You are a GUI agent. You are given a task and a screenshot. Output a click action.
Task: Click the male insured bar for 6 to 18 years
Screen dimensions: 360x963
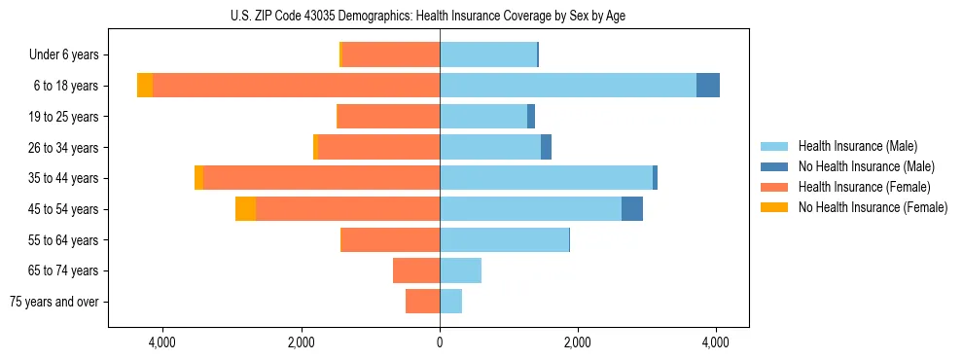pyautogui.click(x=568, y=86)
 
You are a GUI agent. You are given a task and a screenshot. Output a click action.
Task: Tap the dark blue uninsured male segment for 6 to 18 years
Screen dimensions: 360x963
pyautogui.click(x=708, y=86)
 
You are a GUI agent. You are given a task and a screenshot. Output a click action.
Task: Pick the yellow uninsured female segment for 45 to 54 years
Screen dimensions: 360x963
pyautogui.click(x=245, y=209)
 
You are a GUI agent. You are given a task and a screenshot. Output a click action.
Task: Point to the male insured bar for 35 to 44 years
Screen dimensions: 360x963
pyautogui.click(x=546, y=178)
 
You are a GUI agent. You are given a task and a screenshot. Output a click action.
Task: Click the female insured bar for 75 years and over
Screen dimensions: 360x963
pyautogui.click(x=422, y=302)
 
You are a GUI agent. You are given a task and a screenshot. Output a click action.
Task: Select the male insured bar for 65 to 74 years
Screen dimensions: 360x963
pyautogui.click(x=460, y=270)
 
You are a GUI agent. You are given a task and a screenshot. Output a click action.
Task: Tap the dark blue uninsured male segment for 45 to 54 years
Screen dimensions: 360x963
pyautogui.click(x=632, y=209)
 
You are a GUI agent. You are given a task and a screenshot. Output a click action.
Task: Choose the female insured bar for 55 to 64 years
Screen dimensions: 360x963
pyautogui.click(x=390, y=239)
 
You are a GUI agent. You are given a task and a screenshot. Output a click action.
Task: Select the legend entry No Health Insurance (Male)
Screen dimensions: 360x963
pyautogui.click(x=866, y=166)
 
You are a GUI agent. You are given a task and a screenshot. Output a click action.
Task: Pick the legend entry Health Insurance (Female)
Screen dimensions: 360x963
pyautogui.click(x=864, y=187)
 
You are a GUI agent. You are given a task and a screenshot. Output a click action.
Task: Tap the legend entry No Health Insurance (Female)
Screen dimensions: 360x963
pyautogui.click(x=873, y=207)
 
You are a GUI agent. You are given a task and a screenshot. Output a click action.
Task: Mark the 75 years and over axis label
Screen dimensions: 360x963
pyautogui.click(x=54, y=302)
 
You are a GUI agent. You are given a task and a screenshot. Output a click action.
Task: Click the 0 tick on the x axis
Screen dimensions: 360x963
pyautogui.click(x=440, y=342)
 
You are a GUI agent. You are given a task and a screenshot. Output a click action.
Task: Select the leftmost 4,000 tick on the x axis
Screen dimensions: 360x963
pyautogui.click(x=162, y=342)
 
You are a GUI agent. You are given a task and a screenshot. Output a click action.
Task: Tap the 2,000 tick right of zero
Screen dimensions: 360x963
pyautogui.click(x=578, y=342)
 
